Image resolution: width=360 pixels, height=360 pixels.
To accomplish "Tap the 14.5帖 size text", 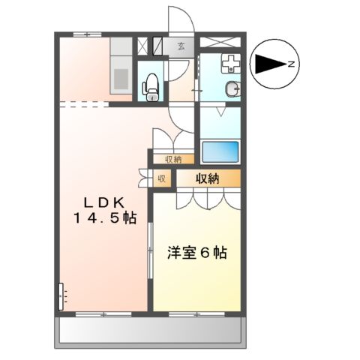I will pyautogui.click(x=104, y=218).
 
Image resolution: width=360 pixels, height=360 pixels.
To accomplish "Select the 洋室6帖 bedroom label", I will pyautogui.click(x=196, y=253).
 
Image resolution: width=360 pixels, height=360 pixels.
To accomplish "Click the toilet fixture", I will pyautogui.click(x=151, y=84).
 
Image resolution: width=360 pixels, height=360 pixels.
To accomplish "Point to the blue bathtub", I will pyautogui.click(x=220, y=152).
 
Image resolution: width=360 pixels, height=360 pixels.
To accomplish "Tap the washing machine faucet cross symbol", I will pyautogui.click(x=231, y=64).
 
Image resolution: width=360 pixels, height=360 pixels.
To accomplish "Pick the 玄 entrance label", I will pyautogui.click(x=181, y=46).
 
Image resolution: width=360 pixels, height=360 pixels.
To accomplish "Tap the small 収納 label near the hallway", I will pyautogui.click(x=173, y=159).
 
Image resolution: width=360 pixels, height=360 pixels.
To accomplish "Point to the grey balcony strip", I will pyautogui.click(x=150, y=329).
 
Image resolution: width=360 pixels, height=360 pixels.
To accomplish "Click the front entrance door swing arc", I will pyautogui.click(x=180, y=19).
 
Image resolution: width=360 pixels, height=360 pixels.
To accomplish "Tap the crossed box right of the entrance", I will pyautogui.click(x=220, y=42).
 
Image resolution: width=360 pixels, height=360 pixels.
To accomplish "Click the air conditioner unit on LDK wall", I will pyautogui.click(x=60, y=296).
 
